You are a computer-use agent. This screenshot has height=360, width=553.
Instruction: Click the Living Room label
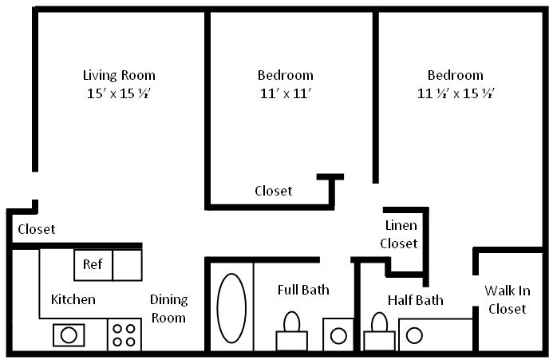[119, 76]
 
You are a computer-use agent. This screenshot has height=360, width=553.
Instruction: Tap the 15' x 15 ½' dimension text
[119, 93]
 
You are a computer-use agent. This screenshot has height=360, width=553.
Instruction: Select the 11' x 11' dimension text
[286, 93]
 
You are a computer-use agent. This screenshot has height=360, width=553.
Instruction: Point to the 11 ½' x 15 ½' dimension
[456, 93]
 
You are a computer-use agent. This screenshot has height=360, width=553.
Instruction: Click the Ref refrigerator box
[93, 265]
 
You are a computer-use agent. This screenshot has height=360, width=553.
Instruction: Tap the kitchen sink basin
[69, 334]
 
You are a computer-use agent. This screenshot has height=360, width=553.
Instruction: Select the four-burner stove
[124, 334]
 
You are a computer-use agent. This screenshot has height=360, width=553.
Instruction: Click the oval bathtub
[231, 308]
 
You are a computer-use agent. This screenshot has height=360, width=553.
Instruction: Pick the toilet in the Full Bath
[292, 331]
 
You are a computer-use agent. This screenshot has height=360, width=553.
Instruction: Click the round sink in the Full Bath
[338, 335]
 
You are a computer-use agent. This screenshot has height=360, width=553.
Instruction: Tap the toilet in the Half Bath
[379, 332]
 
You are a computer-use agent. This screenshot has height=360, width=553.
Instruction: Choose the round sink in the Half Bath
[414, 335]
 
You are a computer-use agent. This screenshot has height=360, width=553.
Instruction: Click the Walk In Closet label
[508, 300]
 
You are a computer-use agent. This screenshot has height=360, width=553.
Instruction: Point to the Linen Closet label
[399, 235]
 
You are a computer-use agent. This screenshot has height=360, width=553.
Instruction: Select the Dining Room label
[169, 309]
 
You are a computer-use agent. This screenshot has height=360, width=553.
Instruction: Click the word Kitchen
[73, 299]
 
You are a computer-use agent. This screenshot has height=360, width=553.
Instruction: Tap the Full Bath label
[303, 290]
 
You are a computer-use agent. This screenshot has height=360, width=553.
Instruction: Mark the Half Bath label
[416, 300]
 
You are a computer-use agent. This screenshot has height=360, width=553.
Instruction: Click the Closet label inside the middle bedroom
[274, 191]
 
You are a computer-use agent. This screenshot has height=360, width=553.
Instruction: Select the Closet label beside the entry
[37, 229]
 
